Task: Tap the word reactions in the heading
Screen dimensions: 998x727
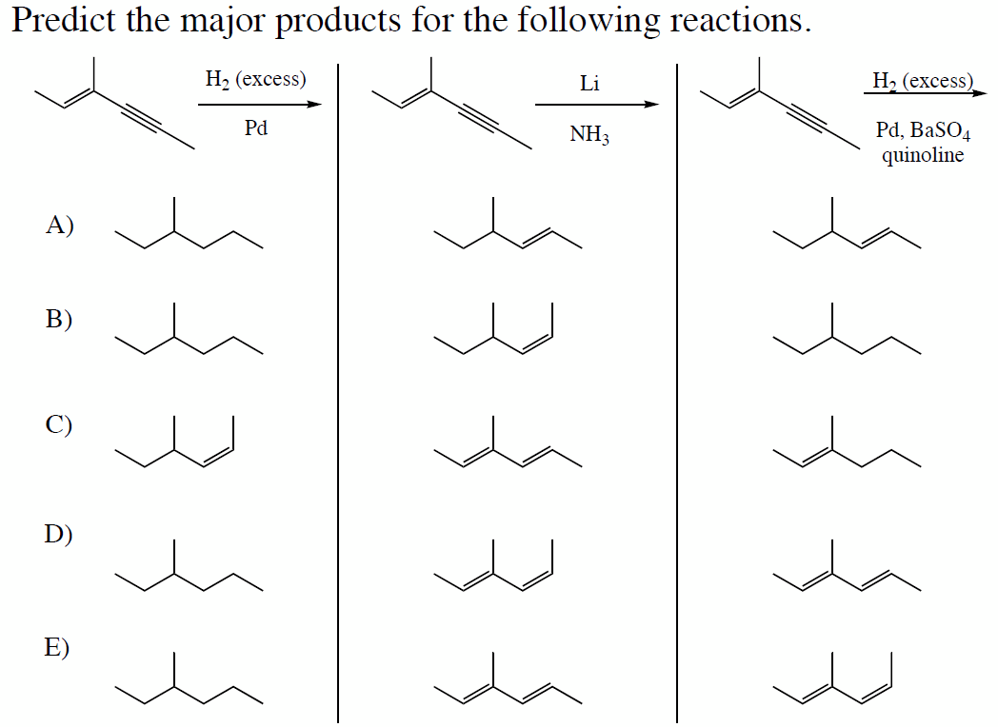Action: pyautogui.click(x=741, y=20)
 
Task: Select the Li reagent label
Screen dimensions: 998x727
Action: pyautogui.click(x=589, y=84)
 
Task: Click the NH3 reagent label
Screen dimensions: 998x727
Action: pyautogui.click(x=589, y=134)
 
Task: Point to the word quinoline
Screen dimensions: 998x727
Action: pyautogui.click(x=923, y=155)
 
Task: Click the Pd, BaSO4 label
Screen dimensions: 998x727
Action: pyautogui.click(x=923, y=130)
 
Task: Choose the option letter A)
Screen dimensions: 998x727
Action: pyautogui.click(x=60, y=226)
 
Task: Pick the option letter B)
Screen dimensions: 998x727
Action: pyautogui.click(x=58, y=319)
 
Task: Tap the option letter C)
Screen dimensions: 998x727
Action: pyautogui.click(x=58, y=424)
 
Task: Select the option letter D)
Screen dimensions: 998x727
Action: pyautogui.click(x=58, y=534)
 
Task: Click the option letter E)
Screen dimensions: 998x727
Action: pyautogui.click(x=57, y=647)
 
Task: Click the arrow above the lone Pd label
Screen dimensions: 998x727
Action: pyautogui.click(x=260, y=105)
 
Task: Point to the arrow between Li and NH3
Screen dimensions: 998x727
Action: pyautogui.click(x=597, y=105)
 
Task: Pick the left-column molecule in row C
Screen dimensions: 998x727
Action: pyautogui.click(x=175, y=442)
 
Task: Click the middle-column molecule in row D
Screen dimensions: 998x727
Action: pyautogui.click(x=493, y=565)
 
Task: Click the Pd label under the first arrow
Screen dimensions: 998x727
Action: pyautogui.click(x=256, y=128)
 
